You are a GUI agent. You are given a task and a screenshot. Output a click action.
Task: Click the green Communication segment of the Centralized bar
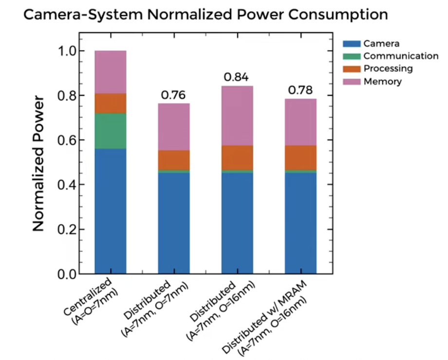111,131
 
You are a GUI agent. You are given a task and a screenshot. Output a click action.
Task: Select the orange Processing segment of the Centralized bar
111,103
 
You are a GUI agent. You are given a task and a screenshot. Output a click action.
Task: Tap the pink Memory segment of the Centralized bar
111,72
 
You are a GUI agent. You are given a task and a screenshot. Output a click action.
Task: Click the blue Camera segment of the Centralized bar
111,211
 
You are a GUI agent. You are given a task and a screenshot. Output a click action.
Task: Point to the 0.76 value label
173,95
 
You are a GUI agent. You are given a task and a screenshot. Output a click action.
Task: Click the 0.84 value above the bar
237,77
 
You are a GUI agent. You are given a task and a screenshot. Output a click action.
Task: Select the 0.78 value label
300,90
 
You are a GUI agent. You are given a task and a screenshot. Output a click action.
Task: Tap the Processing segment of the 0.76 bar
174,160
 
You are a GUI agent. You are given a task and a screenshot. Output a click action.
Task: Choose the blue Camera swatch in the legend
351,44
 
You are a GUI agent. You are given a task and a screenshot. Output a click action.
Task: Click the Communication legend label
400,56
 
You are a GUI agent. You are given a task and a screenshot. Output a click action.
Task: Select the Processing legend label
388,69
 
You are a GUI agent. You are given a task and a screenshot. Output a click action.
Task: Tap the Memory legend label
383,81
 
